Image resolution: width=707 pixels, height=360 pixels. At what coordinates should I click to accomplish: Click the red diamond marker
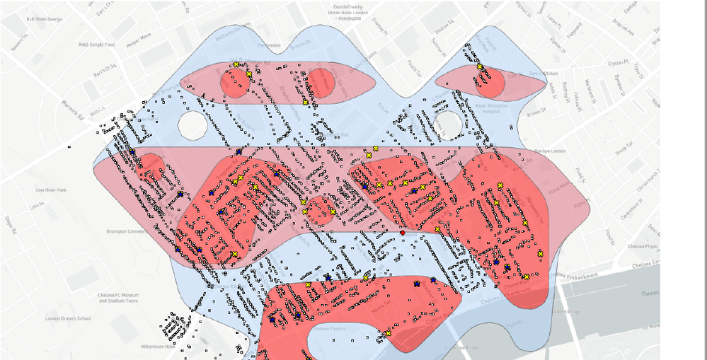[x=402, y=233]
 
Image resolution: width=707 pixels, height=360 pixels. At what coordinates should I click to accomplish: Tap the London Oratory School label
[x=69, y=318]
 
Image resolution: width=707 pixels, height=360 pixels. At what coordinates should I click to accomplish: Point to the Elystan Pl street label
[x=617, y=62]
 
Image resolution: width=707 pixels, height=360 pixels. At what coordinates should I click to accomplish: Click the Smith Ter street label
[x=624, y=149]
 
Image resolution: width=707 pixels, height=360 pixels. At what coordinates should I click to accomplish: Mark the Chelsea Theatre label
[x=325, y=328]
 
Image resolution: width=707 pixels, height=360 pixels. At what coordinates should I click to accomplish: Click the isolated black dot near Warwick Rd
[x=69, y=146]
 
